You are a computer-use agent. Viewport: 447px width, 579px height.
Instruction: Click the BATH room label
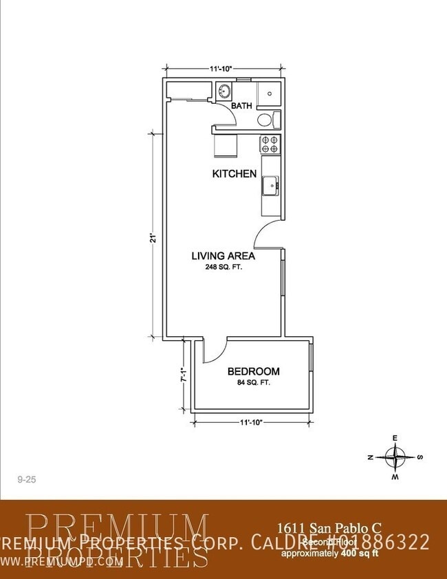pos(241,106)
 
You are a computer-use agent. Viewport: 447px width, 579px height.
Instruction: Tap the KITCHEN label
pos(234,174)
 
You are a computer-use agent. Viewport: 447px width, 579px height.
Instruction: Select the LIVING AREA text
pos(223,256)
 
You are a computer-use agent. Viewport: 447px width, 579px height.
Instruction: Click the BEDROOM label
pos(253,371)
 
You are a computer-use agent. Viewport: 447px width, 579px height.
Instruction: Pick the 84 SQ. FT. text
pos(253,382)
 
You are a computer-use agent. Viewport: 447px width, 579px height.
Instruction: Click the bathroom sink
pos(224,91)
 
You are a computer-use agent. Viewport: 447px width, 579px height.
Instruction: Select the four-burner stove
pos(270,144)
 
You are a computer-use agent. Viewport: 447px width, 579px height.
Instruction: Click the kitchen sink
pos(270,184)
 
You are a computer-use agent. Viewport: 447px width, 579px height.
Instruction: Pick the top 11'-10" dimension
pos(221,69)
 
